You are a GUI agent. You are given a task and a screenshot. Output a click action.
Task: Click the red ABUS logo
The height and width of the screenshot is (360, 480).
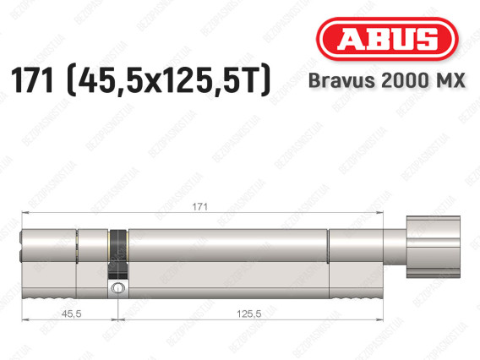click(x=387, y=39)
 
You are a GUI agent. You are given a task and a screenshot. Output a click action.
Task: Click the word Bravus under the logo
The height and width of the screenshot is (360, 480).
click(x=341, y=80)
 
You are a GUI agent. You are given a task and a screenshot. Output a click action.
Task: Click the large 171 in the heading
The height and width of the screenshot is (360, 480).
click(x=32, y=80)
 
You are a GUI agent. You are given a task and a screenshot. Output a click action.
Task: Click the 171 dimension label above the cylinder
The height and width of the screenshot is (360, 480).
click(x=199, y=207)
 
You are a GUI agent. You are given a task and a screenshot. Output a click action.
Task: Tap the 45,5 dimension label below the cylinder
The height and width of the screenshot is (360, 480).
click(x=71, y=314)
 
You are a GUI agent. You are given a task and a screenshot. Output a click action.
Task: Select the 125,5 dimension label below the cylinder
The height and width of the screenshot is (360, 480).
click(x=249, y=314)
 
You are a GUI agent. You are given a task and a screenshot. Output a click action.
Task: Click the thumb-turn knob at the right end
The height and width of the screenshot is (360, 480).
click(x=434, y=247)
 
